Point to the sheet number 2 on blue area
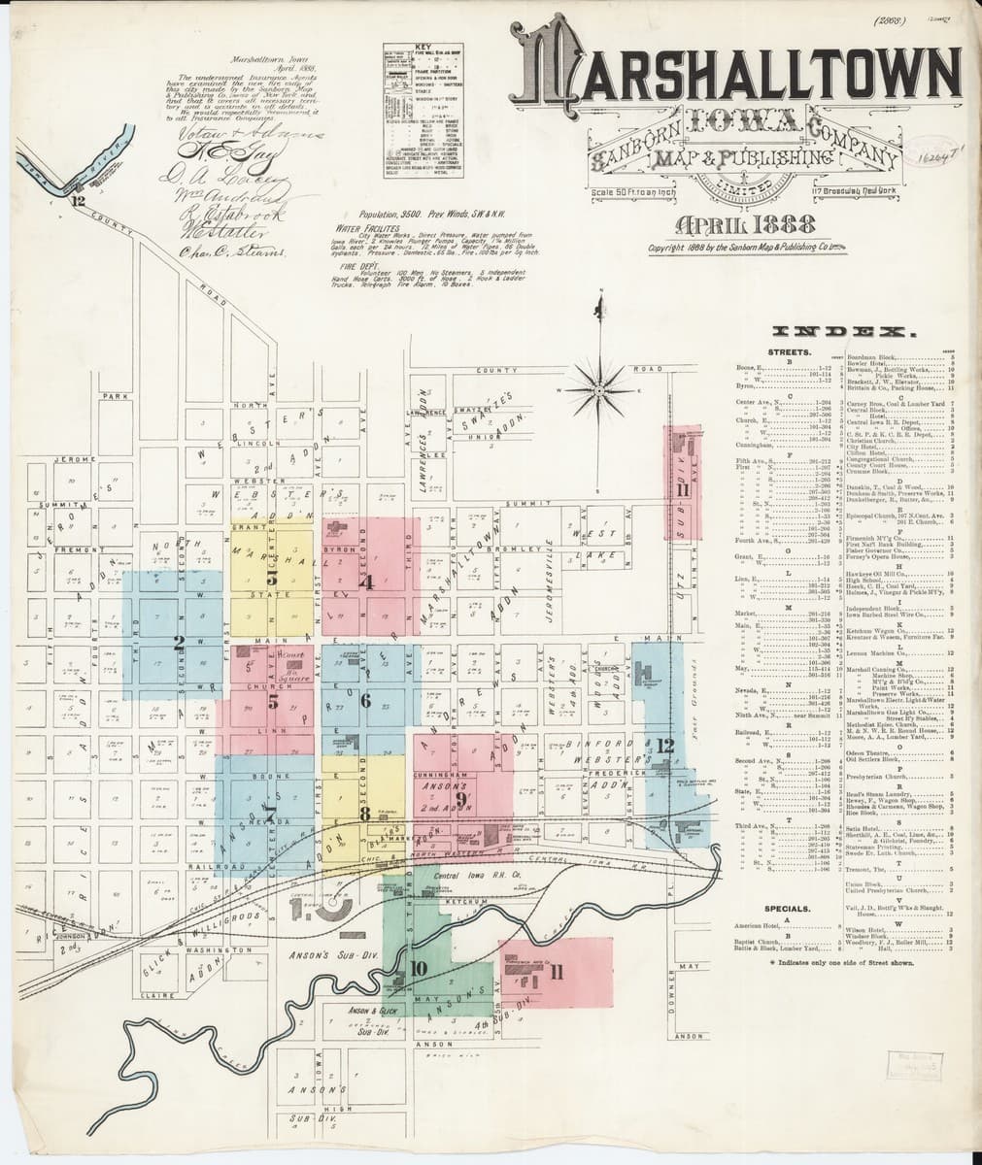click(179, 642)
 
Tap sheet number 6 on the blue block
click(365, 701)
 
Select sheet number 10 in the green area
click(418, 968)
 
